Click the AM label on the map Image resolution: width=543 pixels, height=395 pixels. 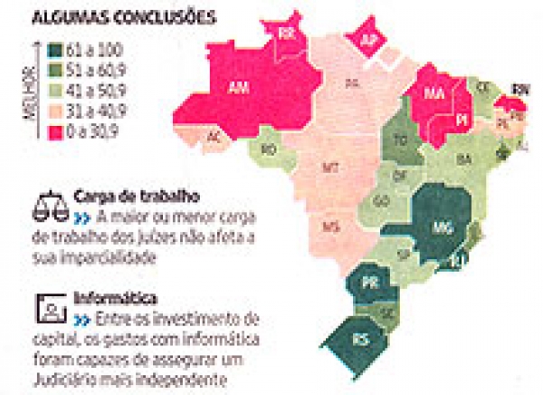239,88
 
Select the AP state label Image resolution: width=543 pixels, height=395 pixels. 369,39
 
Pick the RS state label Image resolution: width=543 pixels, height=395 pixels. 360,341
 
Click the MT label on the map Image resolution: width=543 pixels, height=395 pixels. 331,168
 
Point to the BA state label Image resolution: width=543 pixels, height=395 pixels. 465,160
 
